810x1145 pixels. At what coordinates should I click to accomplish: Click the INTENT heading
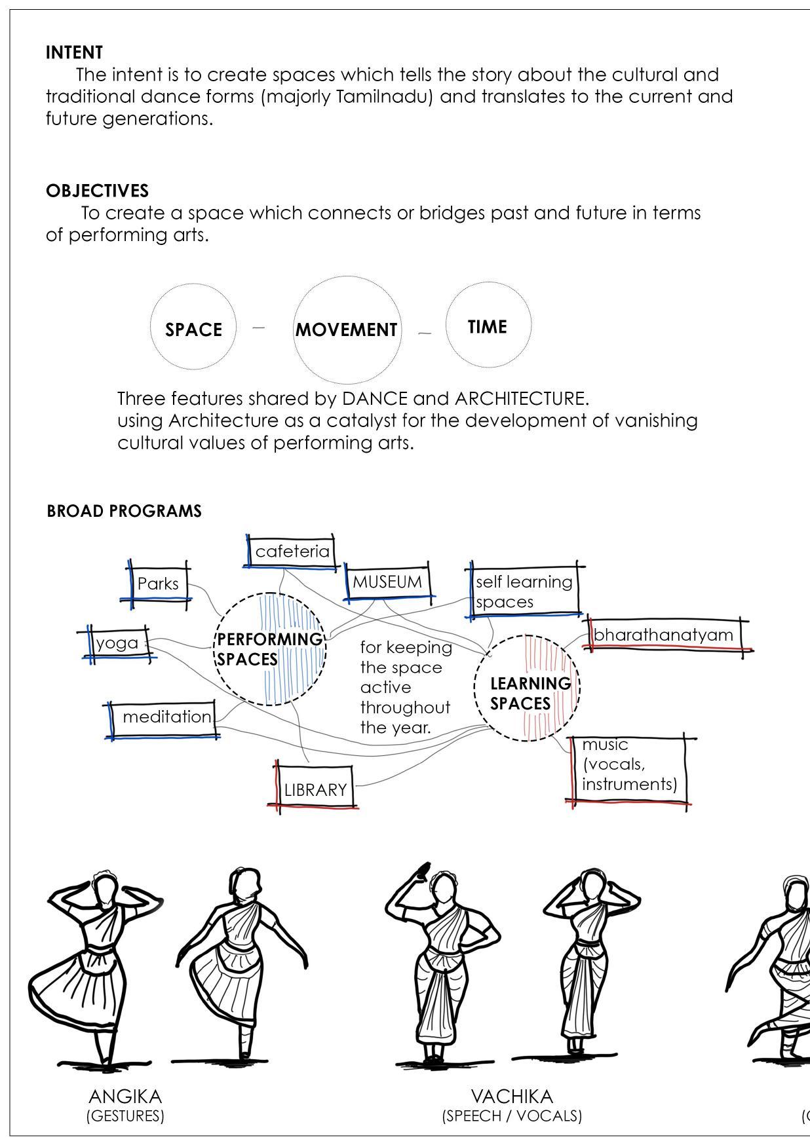tap(74, 52)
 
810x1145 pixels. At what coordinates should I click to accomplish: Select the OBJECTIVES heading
tap(97, 191)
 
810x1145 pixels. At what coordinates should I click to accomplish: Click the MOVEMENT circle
tap(346, 329)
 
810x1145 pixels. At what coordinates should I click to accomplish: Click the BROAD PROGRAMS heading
tap(124, 511)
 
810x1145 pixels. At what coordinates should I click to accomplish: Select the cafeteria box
tap(292, 552)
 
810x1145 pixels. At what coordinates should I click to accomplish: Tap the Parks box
tap(158, 583)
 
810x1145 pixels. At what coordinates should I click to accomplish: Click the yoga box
tap(118, 643)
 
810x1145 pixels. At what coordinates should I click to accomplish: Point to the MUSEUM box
tap(387, 582)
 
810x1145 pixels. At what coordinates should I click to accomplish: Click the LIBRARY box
tap(315, 789)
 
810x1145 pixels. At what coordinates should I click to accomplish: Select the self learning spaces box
tap(524, 591)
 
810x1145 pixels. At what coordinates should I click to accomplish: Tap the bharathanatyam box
tap(663, 635)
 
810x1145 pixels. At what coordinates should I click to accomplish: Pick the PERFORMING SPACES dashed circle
tap(269, 649)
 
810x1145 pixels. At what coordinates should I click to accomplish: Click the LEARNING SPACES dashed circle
tap(527, 688)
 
